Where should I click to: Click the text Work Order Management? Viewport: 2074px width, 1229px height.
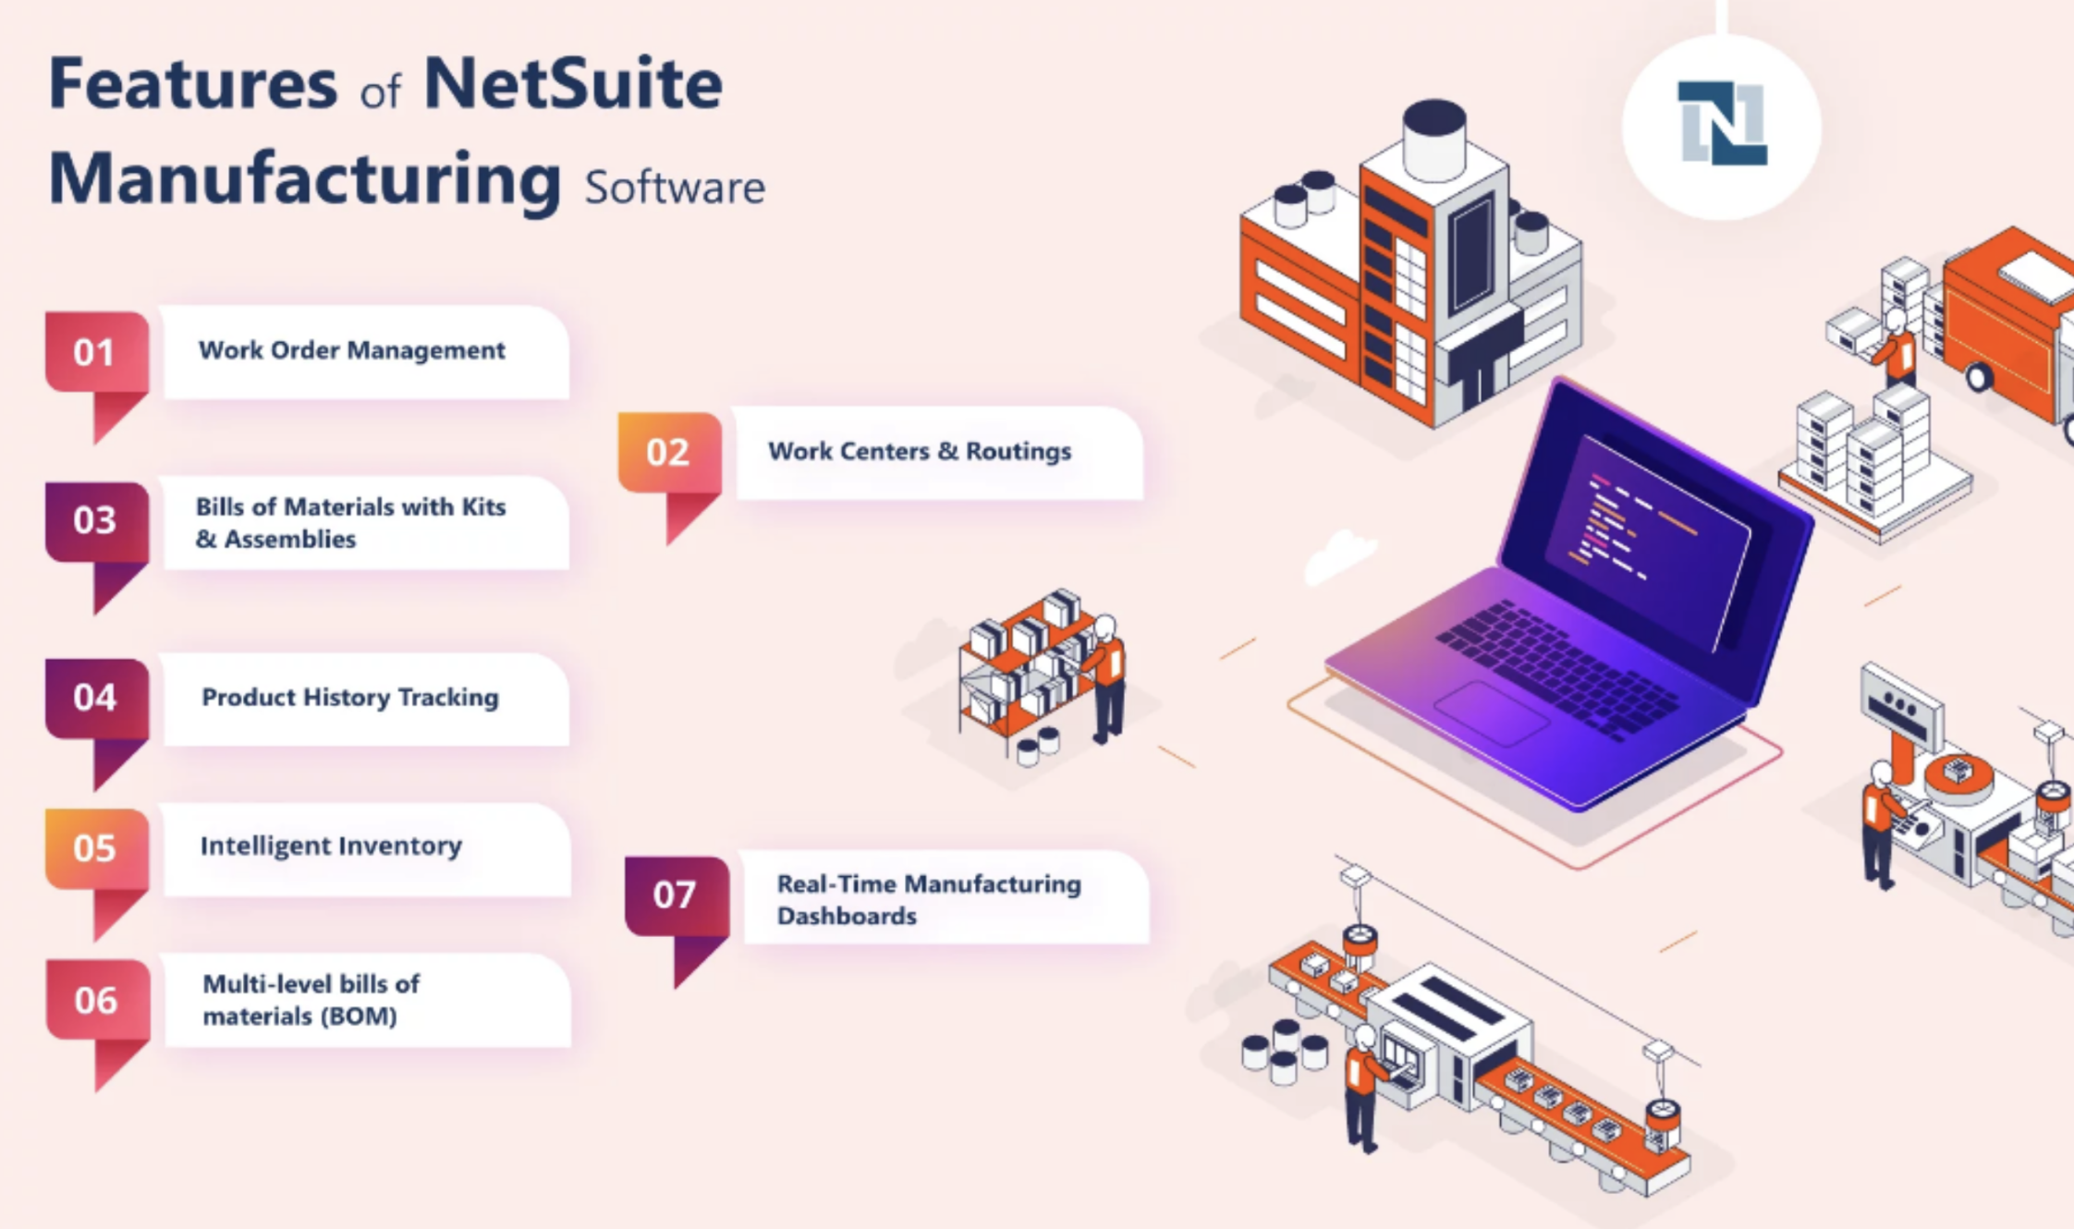352,350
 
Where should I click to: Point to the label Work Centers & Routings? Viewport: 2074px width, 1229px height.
920,451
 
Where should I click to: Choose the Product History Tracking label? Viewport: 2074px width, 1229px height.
350,697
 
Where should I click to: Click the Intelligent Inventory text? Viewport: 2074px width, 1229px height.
331,846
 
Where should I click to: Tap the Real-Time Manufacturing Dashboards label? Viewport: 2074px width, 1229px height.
929,899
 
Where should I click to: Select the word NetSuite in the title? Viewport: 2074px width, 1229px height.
573,83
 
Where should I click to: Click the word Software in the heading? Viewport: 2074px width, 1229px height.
675,187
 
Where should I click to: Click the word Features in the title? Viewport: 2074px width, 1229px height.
193,83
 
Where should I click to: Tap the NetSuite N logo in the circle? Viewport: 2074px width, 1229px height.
1722,124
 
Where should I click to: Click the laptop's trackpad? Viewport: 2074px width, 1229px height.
1491,712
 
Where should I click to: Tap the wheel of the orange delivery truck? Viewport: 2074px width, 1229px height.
1978,376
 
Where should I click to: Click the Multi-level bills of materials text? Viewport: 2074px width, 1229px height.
311,1000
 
